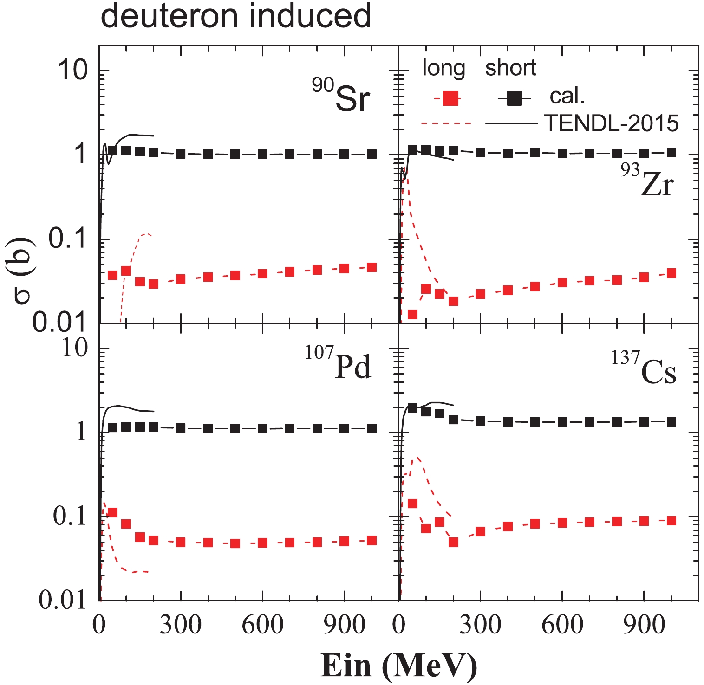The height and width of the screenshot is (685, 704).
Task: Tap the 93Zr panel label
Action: (647, 181)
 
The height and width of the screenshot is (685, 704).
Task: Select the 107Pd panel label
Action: (339, 363)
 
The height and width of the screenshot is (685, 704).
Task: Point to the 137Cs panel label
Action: (644, 369)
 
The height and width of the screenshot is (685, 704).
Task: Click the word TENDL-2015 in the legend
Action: (611, 123)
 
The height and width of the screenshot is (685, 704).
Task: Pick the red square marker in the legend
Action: (450, 98)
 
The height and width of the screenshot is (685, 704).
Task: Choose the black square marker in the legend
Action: (514, 98)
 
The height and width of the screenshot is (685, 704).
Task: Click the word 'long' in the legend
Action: (443, 68)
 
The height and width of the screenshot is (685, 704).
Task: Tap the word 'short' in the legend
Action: (510, 68)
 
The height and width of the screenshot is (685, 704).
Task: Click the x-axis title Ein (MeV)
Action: (398, 666)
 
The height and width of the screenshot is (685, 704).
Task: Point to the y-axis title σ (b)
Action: (23, 270)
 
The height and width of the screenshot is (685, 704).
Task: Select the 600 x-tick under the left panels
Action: (262, 625)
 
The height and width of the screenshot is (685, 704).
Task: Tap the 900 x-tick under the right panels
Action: (644, 625)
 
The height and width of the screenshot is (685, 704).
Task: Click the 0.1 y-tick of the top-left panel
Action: (68, 239)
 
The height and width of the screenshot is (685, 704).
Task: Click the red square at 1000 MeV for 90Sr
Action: (372, 267)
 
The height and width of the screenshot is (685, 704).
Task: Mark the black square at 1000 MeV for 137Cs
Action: (671, 421)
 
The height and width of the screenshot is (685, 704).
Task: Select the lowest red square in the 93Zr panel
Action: (412, 314)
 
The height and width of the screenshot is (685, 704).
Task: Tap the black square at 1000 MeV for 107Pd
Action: (372, 428)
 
